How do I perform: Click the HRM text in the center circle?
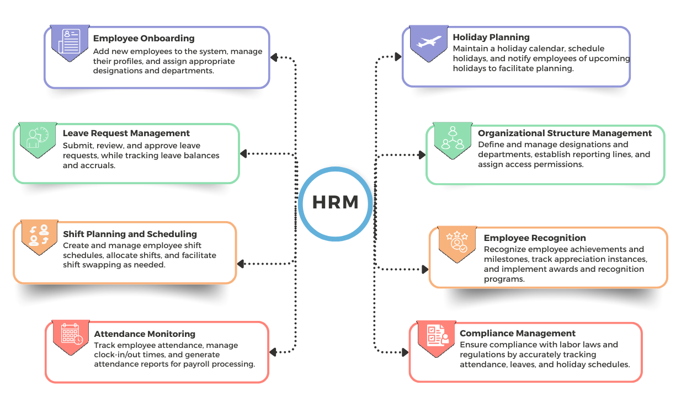coord(336,202)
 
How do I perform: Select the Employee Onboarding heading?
coord(144,38)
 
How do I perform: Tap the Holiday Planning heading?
coord(491,37)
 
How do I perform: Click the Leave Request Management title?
coord(126,133)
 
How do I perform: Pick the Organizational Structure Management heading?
coord(565,133)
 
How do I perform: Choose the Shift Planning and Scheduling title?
coord(130,234)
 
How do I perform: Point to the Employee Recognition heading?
coord(535,238)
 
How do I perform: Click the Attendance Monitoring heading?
coord(145,334)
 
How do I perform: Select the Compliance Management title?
coord(518,333)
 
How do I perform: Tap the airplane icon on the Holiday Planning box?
coord(429,41)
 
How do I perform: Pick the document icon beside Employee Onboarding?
coord(70,41)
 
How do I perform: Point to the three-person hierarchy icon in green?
coord(453,138)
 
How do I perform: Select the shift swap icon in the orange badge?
coord(39,235)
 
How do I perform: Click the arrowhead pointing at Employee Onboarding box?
coord(274,57)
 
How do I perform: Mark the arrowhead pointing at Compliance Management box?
coord(405,352)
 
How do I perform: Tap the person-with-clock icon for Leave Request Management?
coord(38,137)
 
